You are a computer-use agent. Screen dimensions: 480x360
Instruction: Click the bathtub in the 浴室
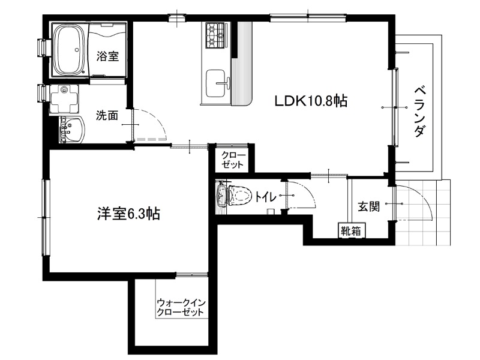point(70,50)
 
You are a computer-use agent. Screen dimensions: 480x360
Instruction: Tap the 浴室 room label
point(107,56)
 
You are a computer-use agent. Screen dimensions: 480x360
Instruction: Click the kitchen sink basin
point(216,83)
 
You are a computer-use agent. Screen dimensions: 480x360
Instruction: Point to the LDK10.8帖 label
point(311,101)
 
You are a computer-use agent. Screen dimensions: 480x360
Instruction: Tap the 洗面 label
point(107,115)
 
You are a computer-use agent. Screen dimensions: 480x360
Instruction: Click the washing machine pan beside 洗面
point(64,98)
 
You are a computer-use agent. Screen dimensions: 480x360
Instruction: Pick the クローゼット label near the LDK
point(233,160)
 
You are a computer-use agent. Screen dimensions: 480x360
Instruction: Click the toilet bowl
point(234,196)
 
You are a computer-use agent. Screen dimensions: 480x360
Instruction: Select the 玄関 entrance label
point(369,206)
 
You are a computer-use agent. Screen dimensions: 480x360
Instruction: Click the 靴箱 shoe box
point(351,231)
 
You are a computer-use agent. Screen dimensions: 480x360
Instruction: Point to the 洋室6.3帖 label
point(128,214)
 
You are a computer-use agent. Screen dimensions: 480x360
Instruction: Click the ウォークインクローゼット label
point(181,308)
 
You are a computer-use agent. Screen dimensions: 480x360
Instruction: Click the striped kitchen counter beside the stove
point(242,64)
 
